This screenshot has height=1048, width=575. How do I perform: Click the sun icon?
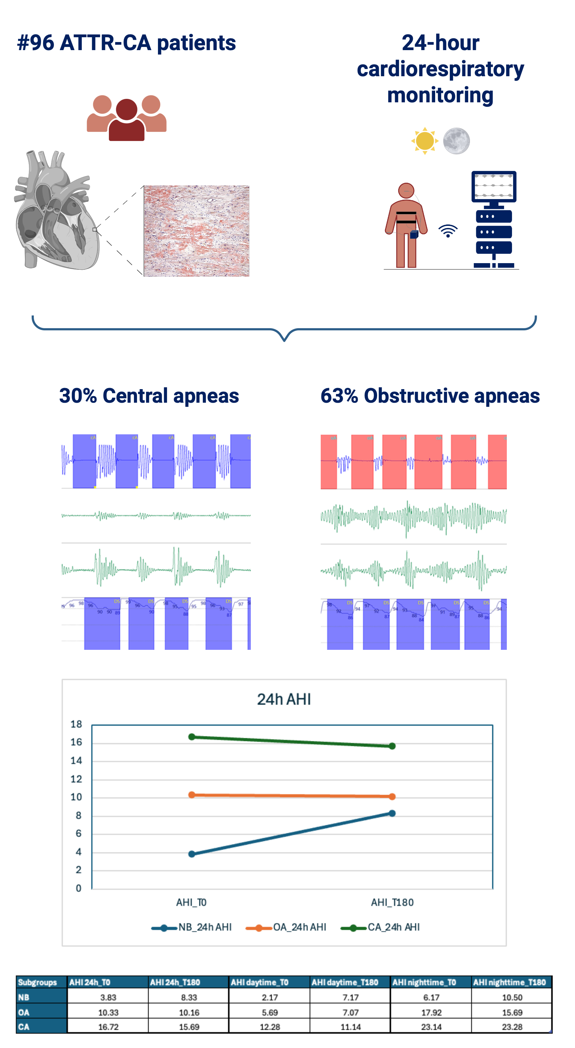click(424, 141)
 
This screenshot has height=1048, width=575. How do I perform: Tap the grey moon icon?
click(456, 141)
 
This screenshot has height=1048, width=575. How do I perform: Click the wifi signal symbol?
click(448, 231)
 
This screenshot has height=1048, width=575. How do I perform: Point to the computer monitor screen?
click(494, 186)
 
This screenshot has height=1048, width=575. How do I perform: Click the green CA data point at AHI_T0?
click(192, 737)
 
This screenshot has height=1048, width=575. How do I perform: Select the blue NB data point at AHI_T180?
click(392, 813)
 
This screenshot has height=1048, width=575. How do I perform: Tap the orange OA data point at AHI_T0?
click(192, 795)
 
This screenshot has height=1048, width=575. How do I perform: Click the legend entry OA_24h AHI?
click(299, 927)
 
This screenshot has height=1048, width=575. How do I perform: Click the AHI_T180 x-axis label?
click(392, 903)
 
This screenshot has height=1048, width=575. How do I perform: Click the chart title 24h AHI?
click(284, 699)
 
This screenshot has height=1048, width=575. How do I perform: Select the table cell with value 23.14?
click(431, 1027)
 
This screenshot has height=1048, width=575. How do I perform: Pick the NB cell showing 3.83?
click(108, 998)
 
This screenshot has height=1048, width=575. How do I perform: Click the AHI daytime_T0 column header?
click(259, 983)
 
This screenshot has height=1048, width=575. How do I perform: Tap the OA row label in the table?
click(24, 1012)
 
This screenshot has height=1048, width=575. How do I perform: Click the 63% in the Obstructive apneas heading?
click(339, 396)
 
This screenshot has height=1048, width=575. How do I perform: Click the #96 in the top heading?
click(35, 43)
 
